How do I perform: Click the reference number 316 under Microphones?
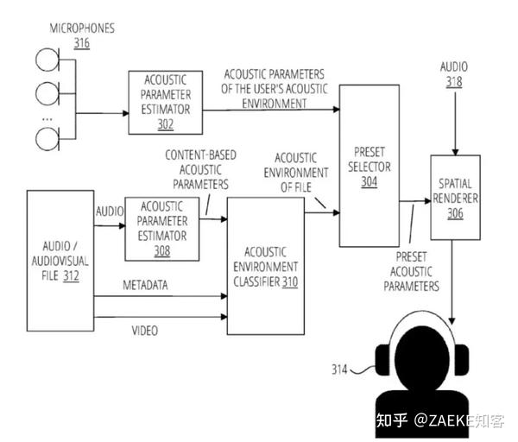[82, 43]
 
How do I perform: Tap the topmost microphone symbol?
[47, 60]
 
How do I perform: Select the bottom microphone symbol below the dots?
[47, 139]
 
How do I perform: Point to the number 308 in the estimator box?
[162, 251]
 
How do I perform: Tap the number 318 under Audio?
[454, 82]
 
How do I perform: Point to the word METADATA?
[145, 285]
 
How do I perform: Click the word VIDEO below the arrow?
[145, 331]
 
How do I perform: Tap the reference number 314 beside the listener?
[339, 369]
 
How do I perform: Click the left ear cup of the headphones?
[382, 360]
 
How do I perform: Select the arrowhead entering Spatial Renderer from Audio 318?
[455, 152]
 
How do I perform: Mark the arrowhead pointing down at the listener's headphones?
[452, 321]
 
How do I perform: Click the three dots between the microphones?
[47, 119]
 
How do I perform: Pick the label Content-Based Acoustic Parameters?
[200, 169]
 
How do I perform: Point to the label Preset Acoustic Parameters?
[411, 272]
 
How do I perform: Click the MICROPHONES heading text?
[82, 28]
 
